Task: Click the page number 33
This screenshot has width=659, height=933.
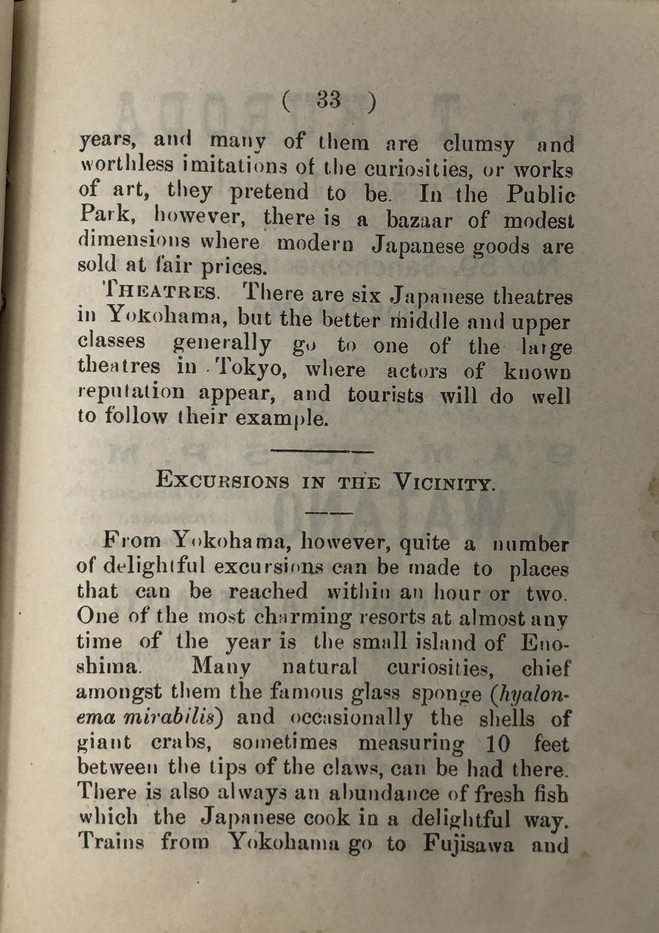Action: pyautogui.click(x=329, y=100)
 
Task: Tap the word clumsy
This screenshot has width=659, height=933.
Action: pyautogui.click(x=478, y=144)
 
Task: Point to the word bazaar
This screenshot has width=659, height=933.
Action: pyautogui.click(x=420, y=220)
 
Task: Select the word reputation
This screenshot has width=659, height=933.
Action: pyautogui.click(x=131, y=393)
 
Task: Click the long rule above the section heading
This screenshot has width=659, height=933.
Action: pyautogui.click(x=322, y=452)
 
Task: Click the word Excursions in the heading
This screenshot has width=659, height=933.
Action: pyautogui.click(x=222, y=481)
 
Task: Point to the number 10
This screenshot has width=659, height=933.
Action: pyautogui.click(x=498, y=744)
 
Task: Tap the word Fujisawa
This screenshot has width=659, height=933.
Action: pyautogui.click(x=468, y=844)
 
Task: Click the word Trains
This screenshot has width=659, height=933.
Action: pyautogui.click(x=111, y=842)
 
